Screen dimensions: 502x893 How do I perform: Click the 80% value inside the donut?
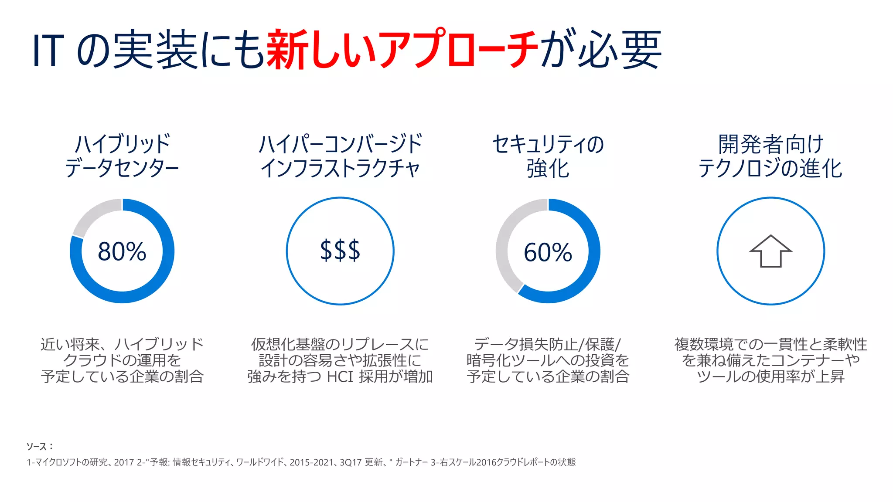122,251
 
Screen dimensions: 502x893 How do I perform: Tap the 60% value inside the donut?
548,252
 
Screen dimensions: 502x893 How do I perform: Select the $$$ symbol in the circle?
340,251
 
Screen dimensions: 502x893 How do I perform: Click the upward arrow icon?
770,251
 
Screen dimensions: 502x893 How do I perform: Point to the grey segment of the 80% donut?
92,216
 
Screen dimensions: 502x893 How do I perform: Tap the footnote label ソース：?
39,446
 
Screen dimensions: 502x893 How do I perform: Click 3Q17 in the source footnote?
351,462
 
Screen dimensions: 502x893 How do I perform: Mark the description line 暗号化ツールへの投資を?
548,360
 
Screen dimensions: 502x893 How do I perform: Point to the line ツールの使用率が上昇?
770,376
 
